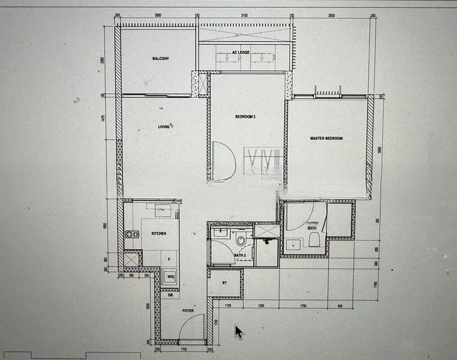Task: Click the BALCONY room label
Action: [160, 59]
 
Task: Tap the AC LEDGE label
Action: [240, 53]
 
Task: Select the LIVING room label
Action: [164, 127]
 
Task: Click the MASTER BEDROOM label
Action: [326, 139]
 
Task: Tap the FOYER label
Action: [187, 311]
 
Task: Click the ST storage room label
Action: [224, 282]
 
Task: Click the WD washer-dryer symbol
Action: [170, 277]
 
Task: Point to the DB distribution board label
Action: [170, 295]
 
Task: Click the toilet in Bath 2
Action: [240, 241]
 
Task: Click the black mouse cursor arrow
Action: [239, 332]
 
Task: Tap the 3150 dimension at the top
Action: [244, 16]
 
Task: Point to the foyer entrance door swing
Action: [193, 328]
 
